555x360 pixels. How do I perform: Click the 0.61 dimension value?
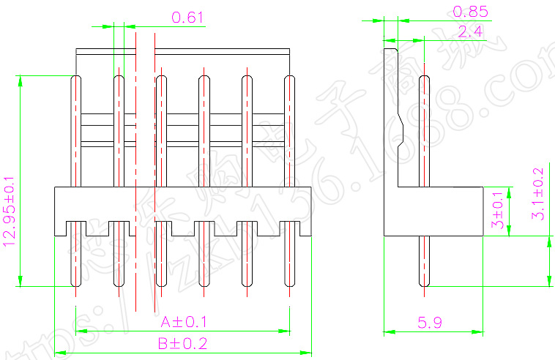point(187,17)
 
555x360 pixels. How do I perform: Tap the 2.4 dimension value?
point(469,31)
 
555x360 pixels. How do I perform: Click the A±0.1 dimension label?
point(184,322)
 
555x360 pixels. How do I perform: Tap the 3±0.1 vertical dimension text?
point(499,211)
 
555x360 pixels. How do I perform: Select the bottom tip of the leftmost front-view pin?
point(75,285)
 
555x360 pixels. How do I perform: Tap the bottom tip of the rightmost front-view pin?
point(289,285)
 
